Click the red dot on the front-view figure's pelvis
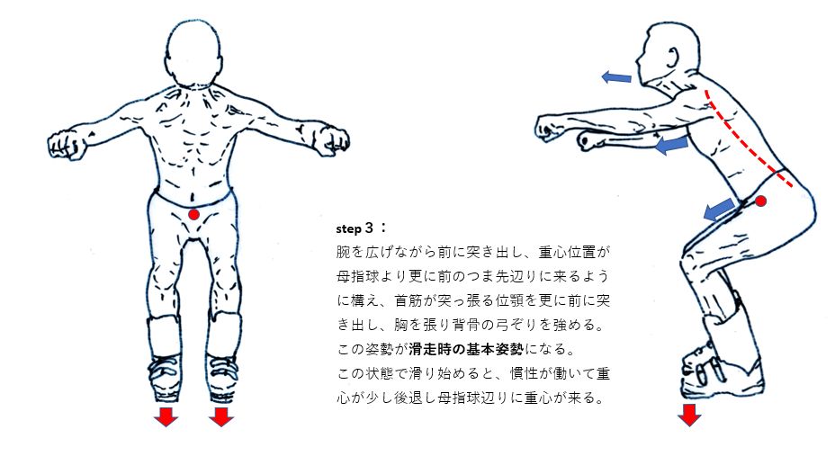[x=194, y=214]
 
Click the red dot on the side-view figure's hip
[x=761, y=201]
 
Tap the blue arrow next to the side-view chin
[x=616, y=77]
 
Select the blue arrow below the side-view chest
[x=671, y=144]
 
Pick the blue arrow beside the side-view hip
[x=720, y=210]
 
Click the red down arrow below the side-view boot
[x=689, y=415]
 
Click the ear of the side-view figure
[x=673, y=58]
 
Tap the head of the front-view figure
[x=193, y=52]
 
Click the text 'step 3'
[x=355, y=228]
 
